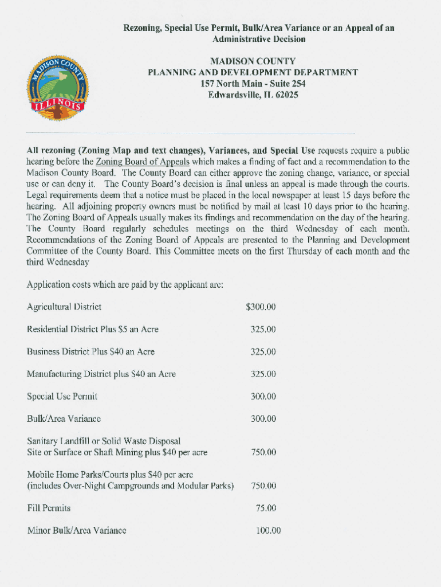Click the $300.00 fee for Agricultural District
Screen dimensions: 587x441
click(x=261, y=307)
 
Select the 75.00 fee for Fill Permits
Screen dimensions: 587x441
click(x=266, y=508)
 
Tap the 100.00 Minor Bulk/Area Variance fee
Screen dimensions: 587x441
click(x=268, y=530)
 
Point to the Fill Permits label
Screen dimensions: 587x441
click(x=49, y=508)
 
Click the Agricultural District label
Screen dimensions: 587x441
click(x=64, y=307)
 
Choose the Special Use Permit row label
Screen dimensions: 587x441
click(x=62, y=397)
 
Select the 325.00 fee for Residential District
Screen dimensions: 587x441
click(x=263, y=330)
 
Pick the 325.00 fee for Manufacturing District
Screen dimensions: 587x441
click(x=263, y=374)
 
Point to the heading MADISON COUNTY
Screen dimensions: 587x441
click(x=253, y=61)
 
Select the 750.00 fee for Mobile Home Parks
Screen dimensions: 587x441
click(x=263, y=486)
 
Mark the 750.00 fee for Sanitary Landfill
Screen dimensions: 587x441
click(x=263, y=452)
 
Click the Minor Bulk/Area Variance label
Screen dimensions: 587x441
click(x=77, y=530)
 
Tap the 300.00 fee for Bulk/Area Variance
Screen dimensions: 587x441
click(x=263, y=419)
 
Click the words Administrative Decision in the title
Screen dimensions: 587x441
click(x=259, y=39)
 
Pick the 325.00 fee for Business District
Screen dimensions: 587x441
click(x=263, y=352)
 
